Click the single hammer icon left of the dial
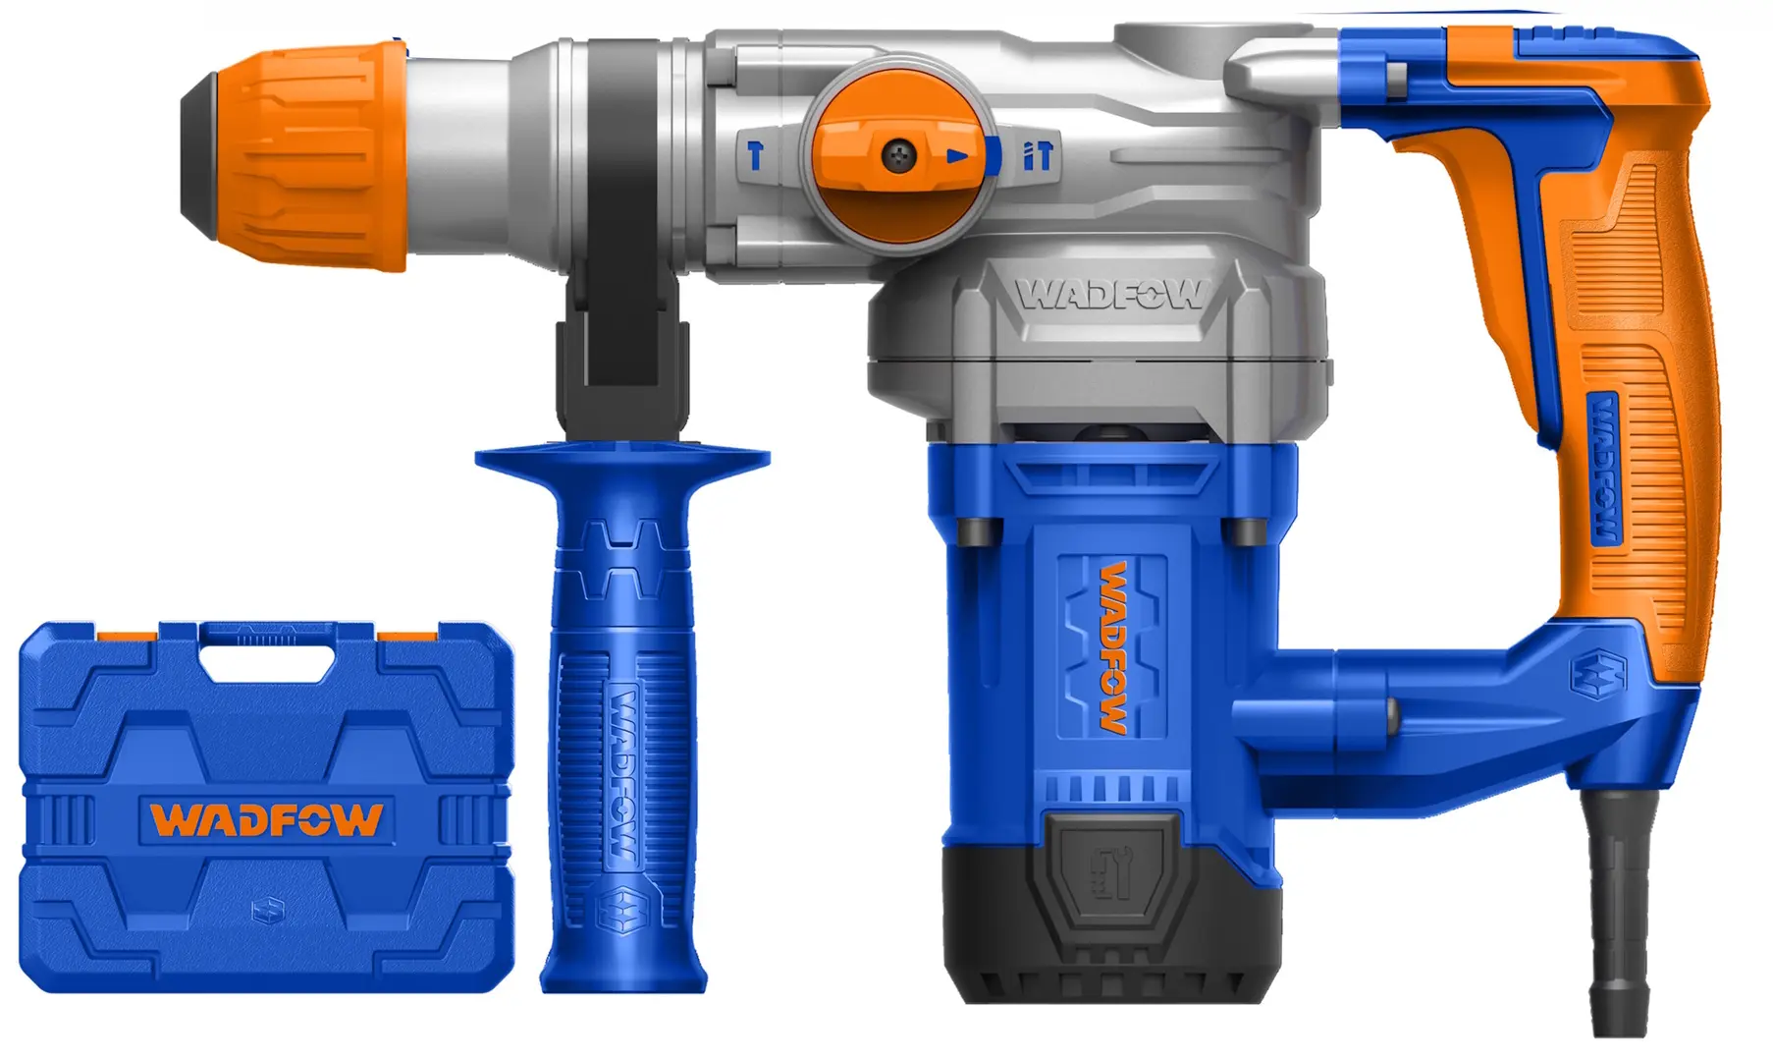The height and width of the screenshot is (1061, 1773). [x=755, y=154]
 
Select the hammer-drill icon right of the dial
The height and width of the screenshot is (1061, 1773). [x=1038, y=155]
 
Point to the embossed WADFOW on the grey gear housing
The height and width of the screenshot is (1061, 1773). [x=1109, y=294]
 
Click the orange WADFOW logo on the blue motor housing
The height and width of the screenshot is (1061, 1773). [x=1112, y=647]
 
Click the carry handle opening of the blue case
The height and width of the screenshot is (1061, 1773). [x=266, y=658]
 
